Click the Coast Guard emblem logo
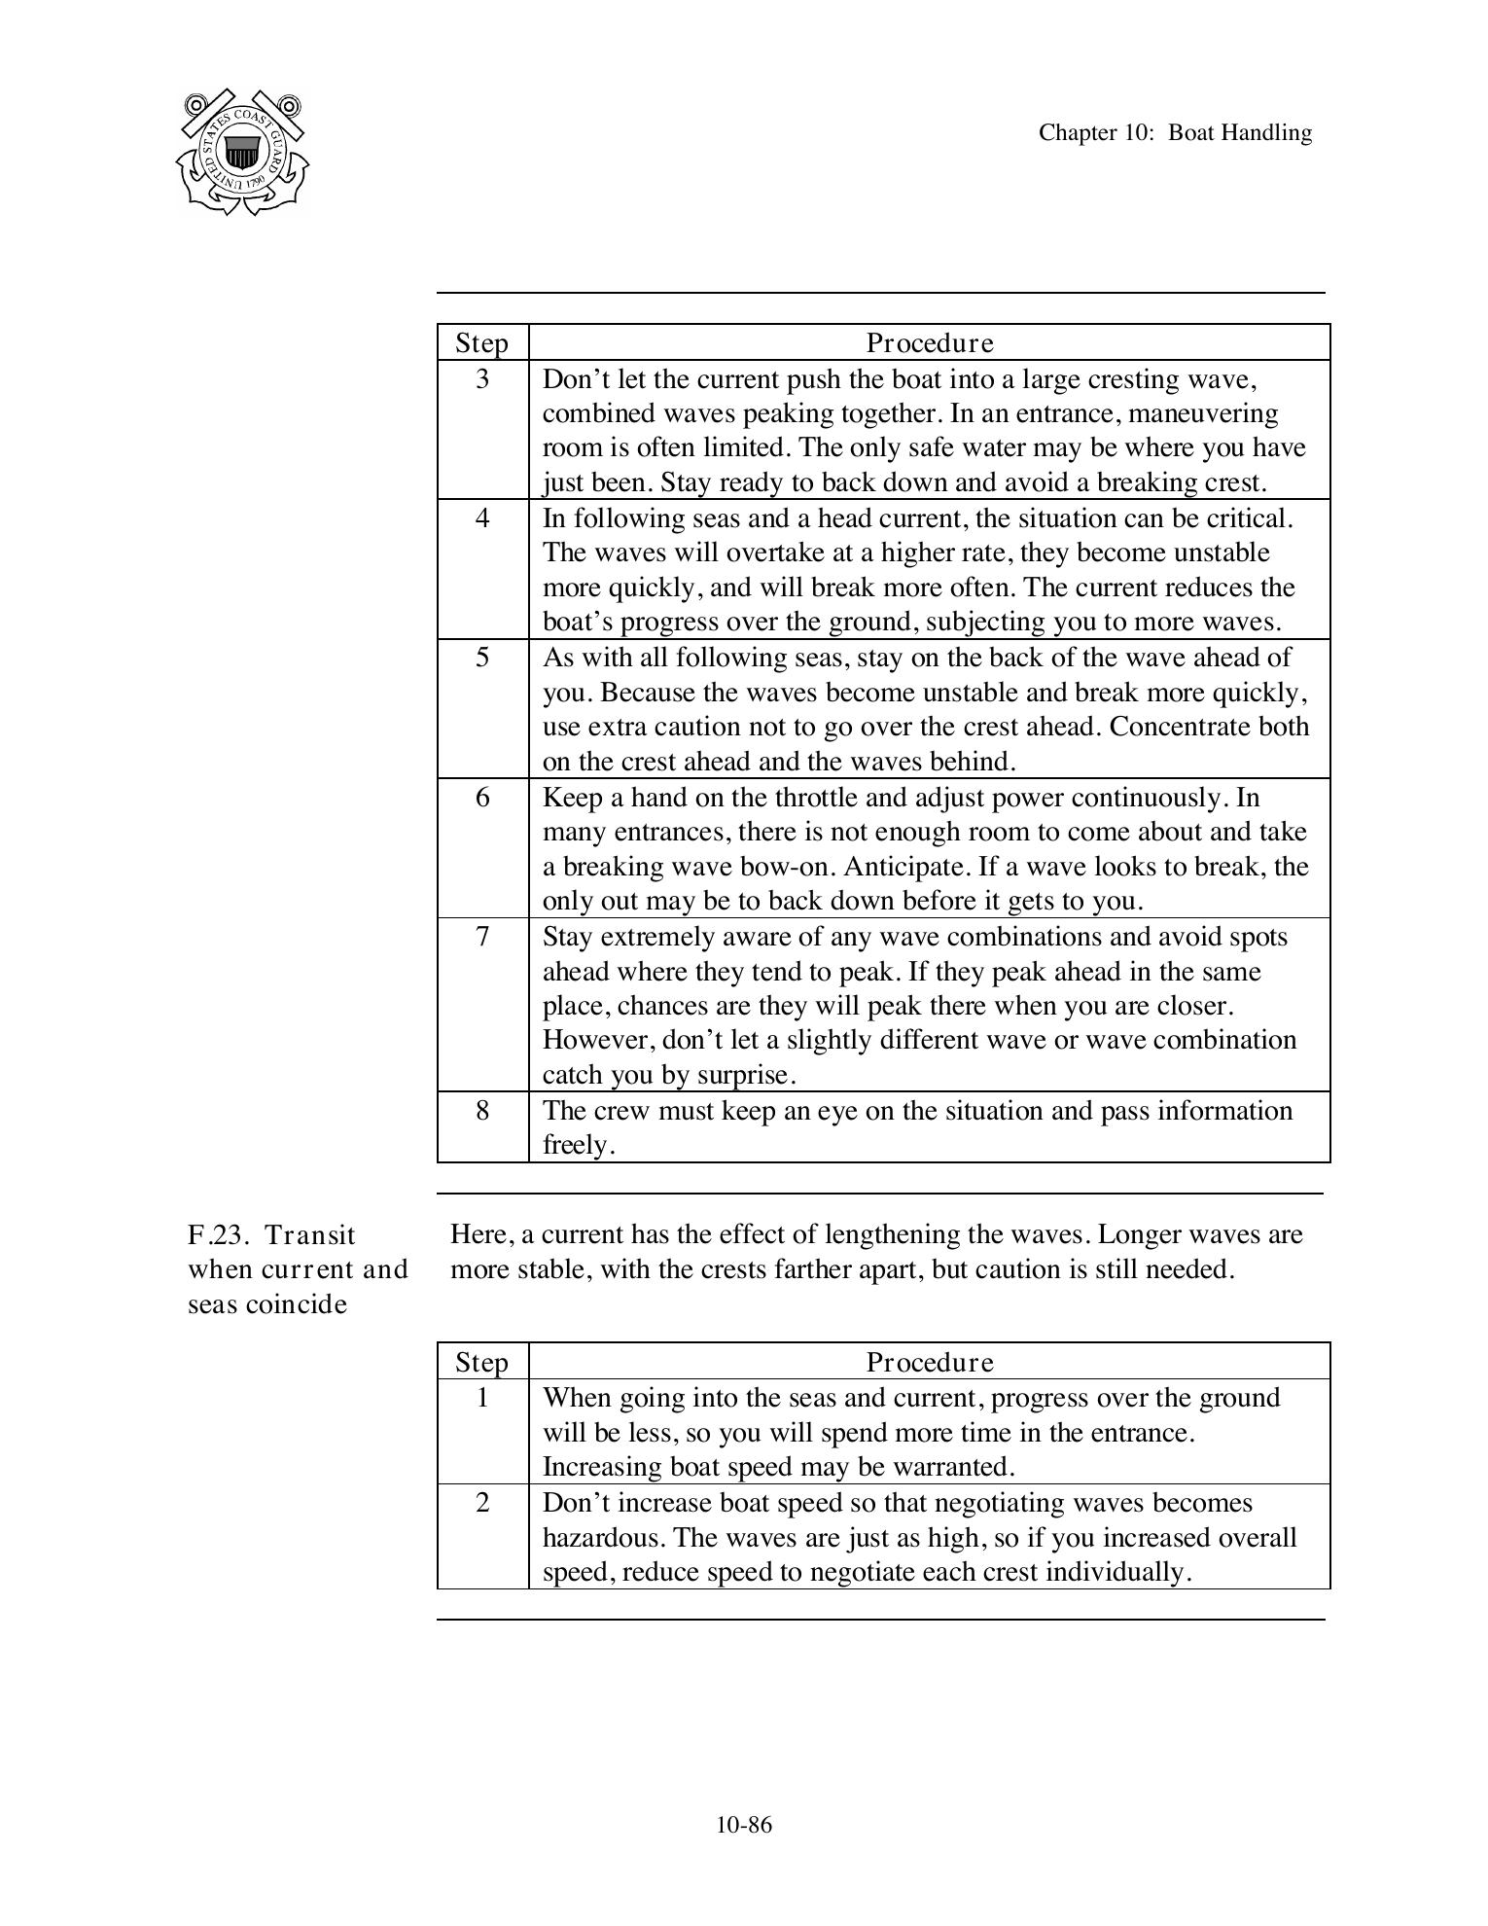242,153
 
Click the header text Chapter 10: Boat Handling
1175,132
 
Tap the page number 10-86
744,1825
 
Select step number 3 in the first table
482,378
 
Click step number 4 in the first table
482,517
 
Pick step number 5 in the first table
482,658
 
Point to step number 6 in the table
482,798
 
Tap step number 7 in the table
482,937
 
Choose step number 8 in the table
482,1110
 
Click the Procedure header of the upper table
930,343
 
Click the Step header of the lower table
481,1362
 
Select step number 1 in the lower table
482,1398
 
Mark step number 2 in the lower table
482,1503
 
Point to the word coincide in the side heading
296,1304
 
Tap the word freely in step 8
578,1145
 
